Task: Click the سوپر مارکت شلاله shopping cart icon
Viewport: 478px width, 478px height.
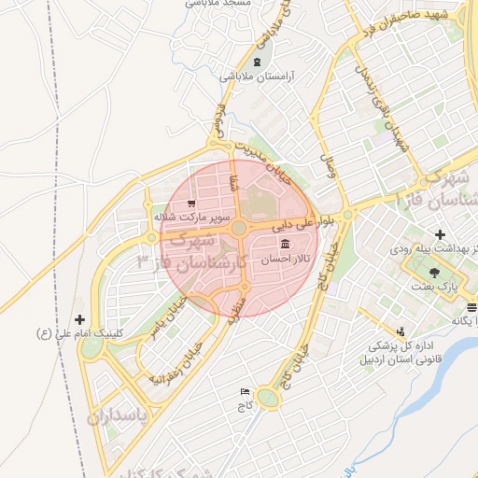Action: coord(191,203)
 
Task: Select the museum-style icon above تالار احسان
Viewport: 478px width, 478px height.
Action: coord(285,244)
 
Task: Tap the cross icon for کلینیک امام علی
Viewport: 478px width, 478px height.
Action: coord(79,319)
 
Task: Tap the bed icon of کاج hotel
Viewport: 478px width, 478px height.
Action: coord(246,391)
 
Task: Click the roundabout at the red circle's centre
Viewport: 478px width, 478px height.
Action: coord(239,228)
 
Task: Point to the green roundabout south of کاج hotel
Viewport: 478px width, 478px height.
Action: coord(268,400)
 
